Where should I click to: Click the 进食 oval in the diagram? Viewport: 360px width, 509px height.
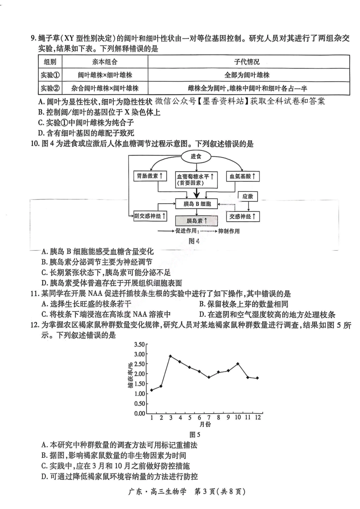pyautogui.click(x=196, y=156)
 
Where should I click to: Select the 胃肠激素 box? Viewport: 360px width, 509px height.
pyautogui.click(x=150, y=176)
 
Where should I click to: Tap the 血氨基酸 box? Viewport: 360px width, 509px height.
pyautogui.click(x=243, y=176)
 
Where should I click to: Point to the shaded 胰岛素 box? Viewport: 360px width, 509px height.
pyautogui.click(x=197, y=221)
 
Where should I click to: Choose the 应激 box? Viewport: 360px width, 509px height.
pyautogui.click(x=248, y=196)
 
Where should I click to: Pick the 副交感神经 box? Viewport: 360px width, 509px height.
pyautogui.click(x=150, y=216)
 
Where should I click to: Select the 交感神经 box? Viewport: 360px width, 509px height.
pyautogui.click(x=243, y=216)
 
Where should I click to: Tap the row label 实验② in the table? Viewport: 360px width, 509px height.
pyautogui.click(x=50, y=88)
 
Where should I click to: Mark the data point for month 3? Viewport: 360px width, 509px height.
pyautogui.click(x=171, y=356)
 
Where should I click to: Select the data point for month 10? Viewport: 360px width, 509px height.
pyautogui.click(x=238, y=364)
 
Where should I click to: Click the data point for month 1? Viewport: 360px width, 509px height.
pyautogui.click(x=152, y=390)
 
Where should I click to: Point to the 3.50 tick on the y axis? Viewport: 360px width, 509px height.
pyautogui.click(x=139, y=345)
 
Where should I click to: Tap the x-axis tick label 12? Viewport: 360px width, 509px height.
pyautogui.click(x=258, y=417)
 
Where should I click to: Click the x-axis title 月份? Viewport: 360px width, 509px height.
pyautogui.click(x=205, y=425)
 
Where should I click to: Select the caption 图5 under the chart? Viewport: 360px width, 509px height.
pyautogui.click(x=194, y=435)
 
